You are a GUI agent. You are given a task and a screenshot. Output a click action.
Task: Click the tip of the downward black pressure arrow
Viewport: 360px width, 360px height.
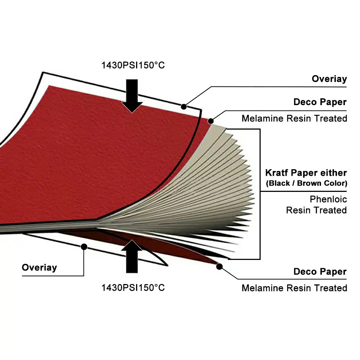pyautogui.click(x=132, y=113)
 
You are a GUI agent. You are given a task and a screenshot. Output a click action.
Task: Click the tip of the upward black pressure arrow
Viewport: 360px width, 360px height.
pyautogui.click(x=132, y=240)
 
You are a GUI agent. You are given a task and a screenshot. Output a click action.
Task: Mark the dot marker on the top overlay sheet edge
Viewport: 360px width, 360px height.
pyautogui.click(x=184, y=107)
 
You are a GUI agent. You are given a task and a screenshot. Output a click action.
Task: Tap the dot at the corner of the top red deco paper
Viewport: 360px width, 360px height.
pyautogui.click(x=211, y=121)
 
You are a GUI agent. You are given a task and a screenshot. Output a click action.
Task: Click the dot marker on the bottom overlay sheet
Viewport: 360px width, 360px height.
pyautogui.click(x=84, y=247)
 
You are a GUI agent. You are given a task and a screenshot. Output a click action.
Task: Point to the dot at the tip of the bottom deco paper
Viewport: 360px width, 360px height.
pyautogui.click(x=219, y=266)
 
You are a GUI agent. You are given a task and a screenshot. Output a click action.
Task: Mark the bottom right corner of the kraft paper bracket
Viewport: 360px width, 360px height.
pyautogui.click(x=260, y=259)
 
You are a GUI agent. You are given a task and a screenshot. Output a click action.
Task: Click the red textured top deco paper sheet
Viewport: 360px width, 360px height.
pyautogui.click(x=92, y=156)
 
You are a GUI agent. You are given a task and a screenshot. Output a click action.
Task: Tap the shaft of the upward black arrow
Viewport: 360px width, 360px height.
pyautogui.click(x=132, y=261)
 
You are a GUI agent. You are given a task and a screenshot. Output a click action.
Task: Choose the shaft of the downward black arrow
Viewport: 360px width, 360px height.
pyautogui.click(x=132, y=91)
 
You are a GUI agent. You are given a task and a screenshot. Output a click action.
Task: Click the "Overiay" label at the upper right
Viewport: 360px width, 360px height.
pyautogui.click(x=329, y=79)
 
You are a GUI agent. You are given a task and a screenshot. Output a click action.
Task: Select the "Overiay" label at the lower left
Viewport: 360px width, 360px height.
pyautogui.click(x=39, y=267)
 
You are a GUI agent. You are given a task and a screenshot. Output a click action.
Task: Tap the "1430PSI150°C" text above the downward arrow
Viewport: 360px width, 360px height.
pyautogui.click(x=133, y=65)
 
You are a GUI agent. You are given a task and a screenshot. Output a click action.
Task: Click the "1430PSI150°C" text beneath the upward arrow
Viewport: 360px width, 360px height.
pyautogui.click(x=133, y=288)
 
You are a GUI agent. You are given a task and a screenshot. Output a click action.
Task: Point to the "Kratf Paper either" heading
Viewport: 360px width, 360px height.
pyautogui.click(x=306, y=173)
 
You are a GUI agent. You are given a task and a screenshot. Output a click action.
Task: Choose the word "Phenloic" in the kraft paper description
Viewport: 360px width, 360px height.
pyautogui.click(x=328, y=199)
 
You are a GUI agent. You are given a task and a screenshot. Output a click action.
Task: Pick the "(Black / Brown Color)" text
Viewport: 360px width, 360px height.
pyautogui.click(x=306, y=183)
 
